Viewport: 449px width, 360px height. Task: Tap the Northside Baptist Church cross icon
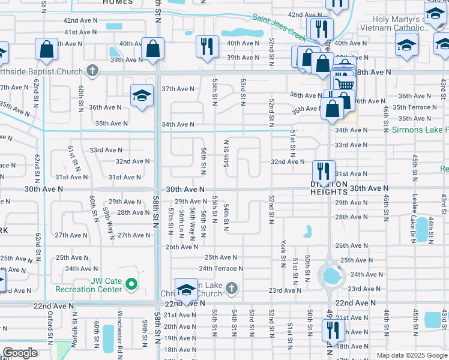[91, 71]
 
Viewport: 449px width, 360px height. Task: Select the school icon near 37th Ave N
[142, 95]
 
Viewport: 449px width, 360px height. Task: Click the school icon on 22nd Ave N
[186, 289]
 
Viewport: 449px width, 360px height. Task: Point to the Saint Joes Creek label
[279, 27]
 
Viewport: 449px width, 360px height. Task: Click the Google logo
[20, 352]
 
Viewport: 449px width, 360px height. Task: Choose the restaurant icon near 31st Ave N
[324, 170]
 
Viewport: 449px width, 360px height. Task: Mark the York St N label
[283, 253]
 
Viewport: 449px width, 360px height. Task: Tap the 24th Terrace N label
[221, 269]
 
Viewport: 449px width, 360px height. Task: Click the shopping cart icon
[343, 84]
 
